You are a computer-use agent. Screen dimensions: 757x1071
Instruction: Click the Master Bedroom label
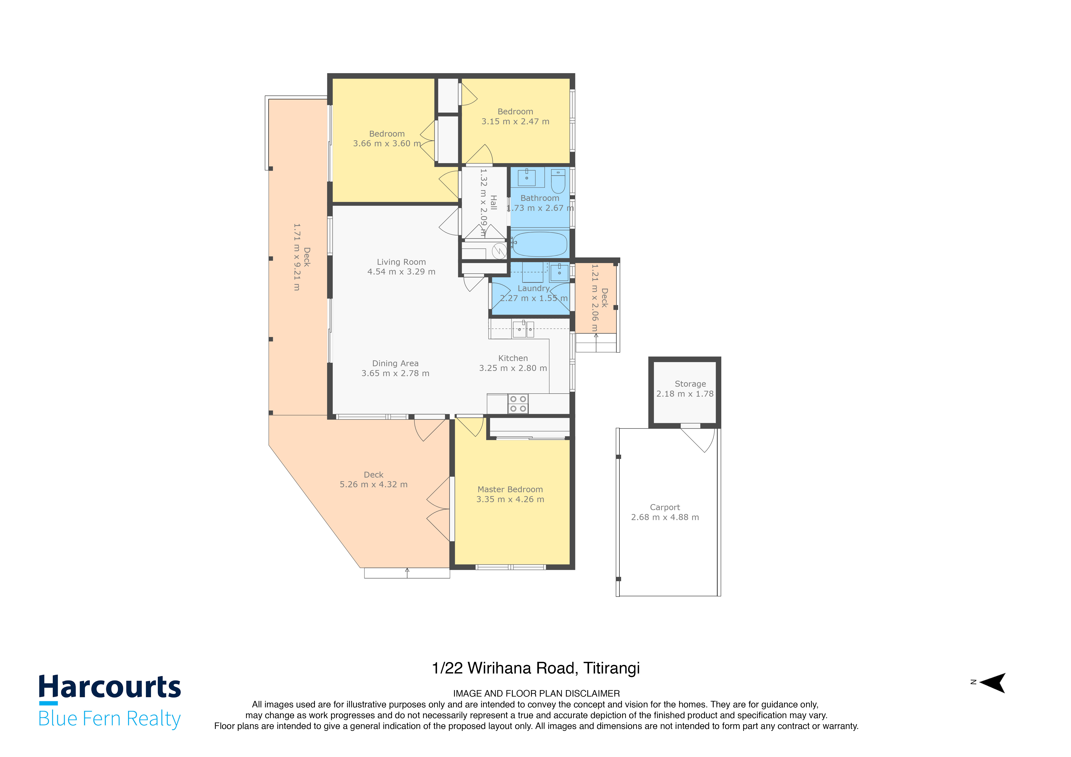[x=510, y=489]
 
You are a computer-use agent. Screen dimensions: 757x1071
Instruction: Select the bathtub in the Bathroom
[x=540, y=244]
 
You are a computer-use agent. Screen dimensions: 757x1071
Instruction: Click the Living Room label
[x=401, y=262]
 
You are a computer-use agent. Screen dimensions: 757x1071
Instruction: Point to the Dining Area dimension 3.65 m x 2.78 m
[x=395, y=373]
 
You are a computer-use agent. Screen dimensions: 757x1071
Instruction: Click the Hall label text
[x=494, y=203]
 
